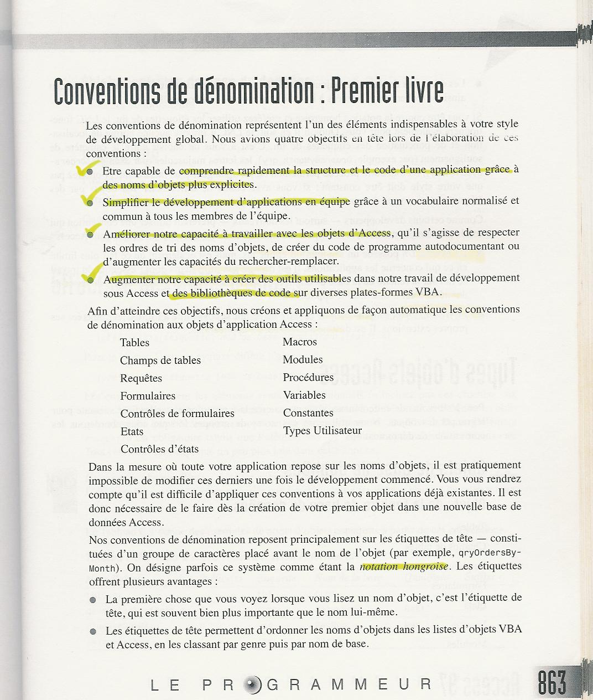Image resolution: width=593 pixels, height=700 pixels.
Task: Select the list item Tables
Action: coord(134,343)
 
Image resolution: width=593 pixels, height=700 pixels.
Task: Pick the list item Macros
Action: coord(299,342)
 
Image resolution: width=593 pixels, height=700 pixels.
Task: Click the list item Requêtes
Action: coord(141,378)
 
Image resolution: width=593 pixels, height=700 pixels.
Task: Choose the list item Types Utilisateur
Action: coord(322,430)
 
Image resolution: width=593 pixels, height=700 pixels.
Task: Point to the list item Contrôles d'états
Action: coord(159,449)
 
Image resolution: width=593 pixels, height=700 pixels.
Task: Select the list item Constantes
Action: coord(308,413)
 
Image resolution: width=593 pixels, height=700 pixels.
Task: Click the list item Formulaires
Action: coord(148,396)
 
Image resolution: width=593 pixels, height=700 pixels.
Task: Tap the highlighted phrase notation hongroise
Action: coord(404,567)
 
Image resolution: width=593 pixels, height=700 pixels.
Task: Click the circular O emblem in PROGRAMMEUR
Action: coord(254,684)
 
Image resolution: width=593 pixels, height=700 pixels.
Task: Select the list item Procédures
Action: coord(308,377)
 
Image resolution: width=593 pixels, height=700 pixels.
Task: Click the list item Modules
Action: coord(303,359)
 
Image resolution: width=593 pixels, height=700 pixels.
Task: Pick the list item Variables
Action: coord(304,395)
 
